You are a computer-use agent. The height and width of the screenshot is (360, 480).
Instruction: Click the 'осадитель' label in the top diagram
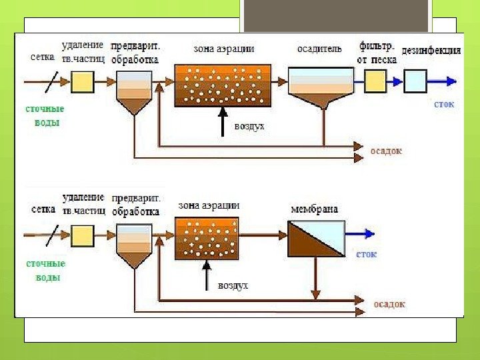pos(319,49)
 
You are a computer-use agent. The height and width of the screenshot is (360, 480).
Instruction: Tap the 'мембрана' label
pos(314,209)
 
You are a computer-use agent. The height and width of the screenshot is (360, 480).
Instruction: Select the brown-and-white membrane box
pos(316,238)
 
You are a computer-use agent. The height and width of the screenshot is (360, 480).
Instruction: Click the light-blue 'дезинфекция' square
pos(415,81)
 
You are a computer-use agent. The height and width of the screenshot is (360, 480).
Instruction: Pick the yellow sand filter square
pos(375,81)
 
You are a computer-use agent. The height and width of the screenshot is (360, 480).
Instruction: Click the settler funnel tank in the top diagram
pos(321,87)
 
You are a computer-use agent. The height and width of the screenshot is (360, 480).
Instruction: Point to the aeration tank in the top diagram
pos(221,85)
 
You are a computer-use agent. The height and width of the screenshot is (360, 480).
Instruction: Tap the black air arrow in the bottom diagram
pos(207,274)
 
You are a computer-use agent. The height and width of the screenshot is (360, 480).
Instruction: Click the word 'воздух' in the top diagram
pos(249,125)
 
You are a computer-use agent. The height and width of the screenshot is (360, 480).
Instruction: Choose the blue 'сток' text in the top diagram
pos(444,105)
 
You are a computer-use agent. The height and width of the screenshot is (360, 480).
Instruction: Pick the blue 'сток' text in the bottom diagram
pos(367,254)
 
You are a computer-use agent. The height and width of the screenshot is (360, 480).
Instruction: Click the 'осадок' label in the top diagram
pos(387,151)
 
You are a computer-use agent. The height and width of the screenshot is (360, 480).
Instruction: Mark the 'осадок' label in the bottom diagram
pos(389,304)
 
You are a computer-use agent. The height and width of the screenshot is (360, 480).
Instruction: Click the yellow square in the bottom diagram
pos(82,235)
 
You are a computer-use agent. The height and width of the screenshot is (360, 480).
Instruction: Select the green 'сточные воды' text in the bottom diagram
pos(45,271)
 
